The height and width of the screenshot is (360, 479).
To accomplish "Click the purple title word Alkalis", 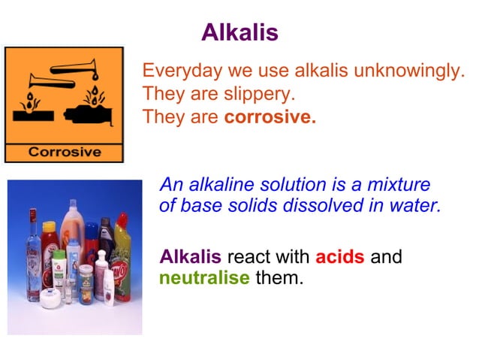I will click(x=239, y=32).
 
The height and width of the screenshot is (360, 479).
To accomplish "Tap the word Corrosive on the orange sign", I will click(x=64, y=152).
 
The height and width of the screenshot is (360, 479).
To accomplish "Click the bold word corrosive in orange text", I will click(x=270, y=118).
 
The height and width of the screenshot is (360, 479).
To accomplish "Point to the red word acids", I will click(x=339, y=257).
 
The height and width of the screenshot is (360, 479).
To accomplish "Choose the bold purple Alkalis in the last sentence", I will click(x=191, y=257).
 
